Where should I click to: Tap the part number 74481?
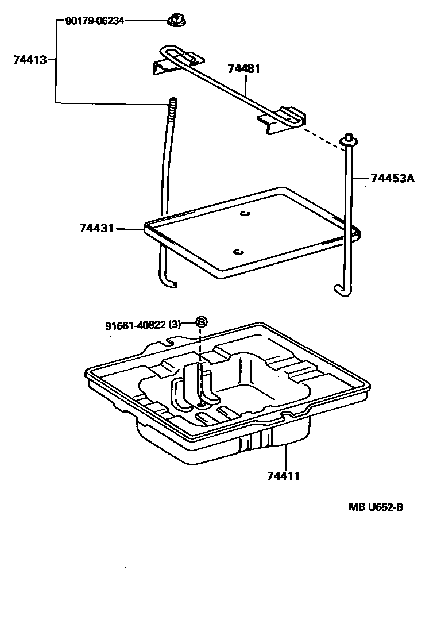(x=244, y=69)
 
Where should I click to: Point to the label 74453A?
(x=392, y=178)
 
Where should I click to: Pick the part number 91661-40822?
(x=136, y=325)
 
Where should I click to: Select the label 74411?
(x=284, y=476)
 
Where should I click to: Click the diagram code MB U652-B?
(x=376, y=507)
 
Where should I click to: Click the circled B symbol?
(x=201, y=322)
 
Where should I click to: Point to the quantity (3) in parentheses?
(x=175, y=325)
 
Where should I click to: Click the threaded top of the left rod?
(x=171, y=107)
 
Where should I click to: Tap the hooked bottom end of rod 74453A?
(x=338, y=291)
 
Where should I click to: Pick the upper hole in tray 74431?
(x=245, y=214)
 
